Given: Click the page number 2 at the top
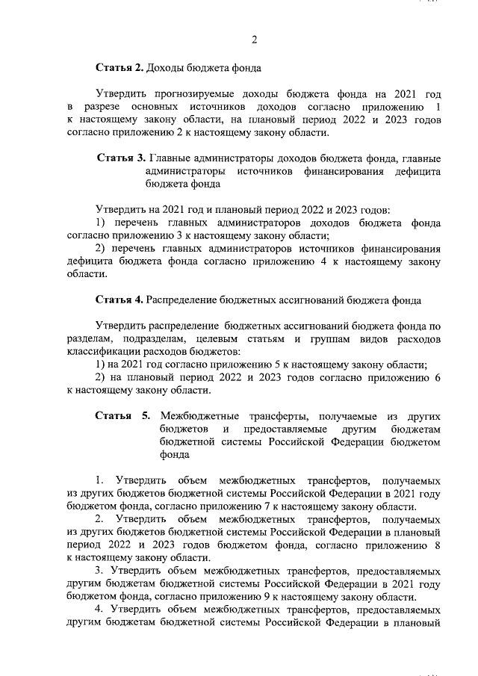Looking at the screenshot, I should coord(254,39).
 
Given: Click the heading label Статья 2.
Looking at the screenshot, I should coord(119,69).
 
